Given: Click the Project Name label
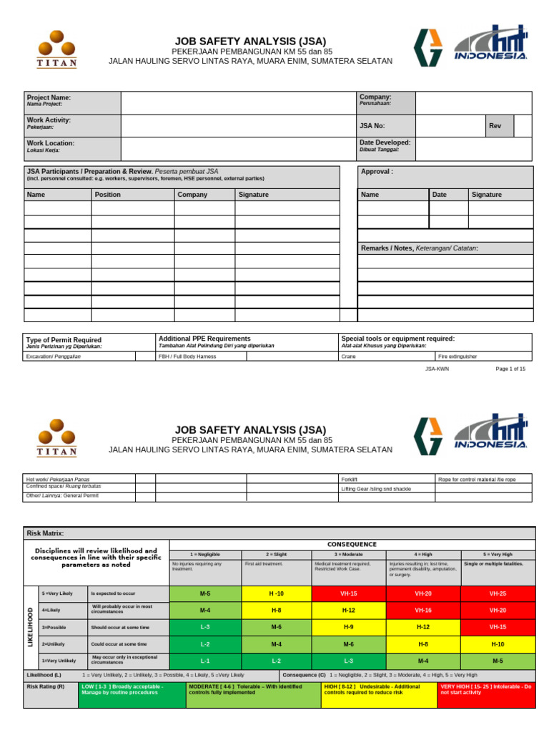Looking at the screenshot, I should coord(49,97).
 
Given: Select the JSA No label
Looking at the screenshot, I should coord(372,125).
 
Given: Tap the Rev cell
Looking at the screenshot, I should coord(495,125).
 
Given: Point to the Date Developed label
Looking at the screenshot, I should coord(385,142).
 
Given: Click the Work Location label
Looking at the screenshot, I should coord(50,143).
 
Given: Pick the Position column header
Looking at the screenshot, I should coord(108,195).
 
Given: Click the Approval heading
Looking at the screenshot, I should coord(377,172).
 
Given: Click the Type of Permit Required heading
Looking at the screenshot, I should coord(64,340).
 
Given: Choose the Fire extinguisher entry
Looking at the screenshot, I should coord(457,356).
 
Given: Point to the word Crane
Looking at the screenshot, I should coord(348,356).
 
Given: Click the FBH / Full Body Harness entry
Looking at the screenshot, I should coord(187,356).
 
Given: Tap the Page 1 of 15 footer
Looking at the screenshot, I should coord(510,369).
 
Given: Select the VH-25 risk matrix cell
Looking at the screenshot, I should coord(498,594).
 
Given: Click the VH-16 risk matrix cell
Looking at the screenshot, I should coord(423,610).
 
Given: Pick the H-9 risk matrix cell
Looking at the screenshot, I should coord(348,627).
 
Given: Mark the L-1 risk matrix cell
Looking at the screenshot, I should coord(205,660).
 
